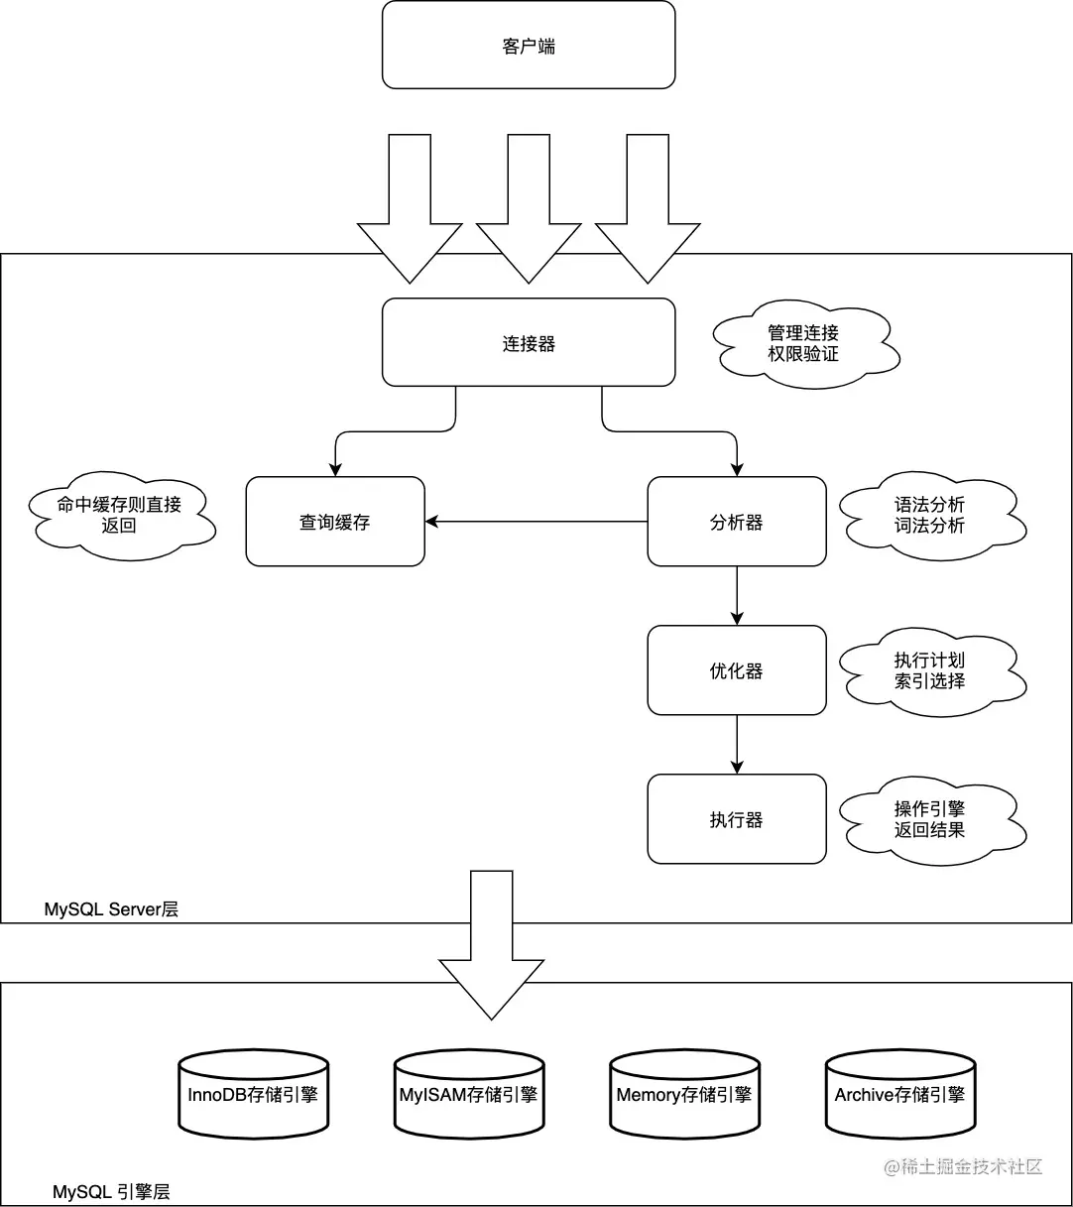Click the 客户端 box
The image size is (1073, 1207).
[529, 46]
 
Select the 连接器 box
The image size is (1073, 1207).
[529, 343]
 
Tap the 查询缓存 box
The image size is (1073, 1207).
[335, 522]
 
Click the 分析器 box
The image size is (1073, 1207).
[737, 522]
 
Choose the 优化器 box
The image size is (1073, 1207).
[737, 670]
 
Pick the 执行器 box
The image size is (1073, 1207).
[737, 819]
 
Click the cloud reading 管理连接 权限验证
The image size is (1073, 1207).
[803, 343]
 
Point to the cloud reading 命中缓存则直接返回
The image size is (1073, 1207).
[120, 515]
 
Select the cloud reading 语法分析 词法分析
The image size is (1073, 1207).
[929, 515]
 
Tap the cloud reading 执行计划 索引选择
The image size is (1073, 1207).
[929, 670]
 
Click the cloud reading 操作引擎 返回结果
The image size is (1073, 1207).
[929, 819]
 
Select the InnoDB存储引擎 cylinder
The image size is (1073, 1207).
[253, 1095]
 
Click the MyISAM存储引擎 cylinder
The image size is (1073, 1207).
[468, 1095]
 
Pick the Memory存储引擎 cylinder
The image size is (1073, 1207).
[684, 1095]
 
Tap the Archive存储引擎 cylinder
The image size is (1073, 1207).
[899, 1095]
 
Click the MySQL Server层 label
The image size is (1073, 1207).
[111, 909]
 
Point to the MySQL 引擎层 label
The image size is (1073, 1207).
[118, 1191]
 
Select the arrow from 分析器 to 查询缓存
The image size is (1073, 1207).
[536, 522]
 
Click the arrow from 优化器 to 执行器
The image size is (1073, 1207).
[737, 744]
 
